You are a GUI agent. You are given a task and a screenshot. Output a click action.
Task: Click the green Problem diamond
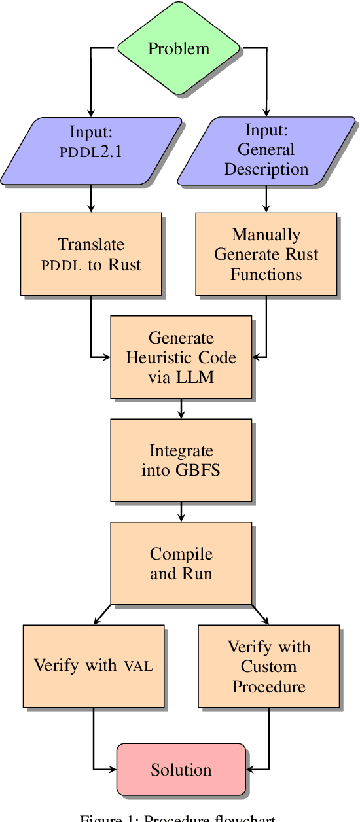click(x=179, y=48)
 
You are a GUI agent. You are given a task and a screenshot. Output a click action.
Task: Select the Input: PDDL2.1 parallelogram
click(x=91, y=151)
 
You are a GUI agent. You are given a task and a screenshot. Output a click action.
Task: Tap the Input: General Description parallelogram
click(x=266, y=151)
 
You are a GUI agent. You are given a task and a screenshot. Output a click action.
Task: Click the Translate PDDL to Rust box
click(x=91, y=254)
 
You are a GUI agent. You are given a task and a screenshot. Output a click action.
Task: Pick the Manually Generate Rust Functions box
click(x=266, y=253)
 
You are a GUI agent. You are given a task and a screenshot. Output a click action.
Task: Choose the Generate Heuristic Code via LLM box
click(x=181, y=357)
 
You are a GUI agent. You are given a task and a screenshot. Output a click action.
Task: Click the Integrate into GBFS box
click(x=181, y=460)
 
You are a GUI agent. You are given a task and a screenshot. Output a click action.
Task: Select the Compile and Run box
click(x=181, y=563)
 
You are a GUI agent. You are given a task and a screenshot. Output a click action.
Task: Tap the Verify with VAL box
click(x=93, y=666)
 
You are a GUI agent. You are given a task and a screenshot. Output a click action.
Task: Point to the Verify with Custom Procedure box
click(x=268, y=666)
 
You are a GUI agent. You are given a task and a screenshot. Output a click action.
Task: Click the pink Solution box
click(x=181, y=770)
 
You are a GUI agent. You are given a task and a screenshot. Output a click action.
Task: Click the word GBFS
click(x=196, y=470)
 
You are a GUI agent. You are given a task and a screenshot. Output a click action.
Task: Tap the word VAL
click(x=138, y=666)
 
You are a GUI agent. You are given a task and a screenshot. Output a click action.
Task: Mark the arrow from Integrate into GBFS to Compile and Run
click(x=181, y=512)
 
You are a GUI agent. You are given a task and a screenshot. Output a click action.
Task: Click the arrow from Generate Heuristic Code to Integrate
click(x=181, y=408)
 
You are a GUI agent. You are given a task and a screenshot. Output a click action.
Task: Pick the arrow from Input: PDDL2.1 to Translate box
click(x=91, y=198)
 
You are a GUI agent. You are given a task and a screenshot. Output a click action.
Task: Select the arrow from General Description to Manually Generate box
click(x=266, y=198)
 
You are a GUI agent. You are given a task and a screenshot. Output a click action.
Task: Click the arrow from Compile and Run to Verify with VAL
click(x=103, y=614)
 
